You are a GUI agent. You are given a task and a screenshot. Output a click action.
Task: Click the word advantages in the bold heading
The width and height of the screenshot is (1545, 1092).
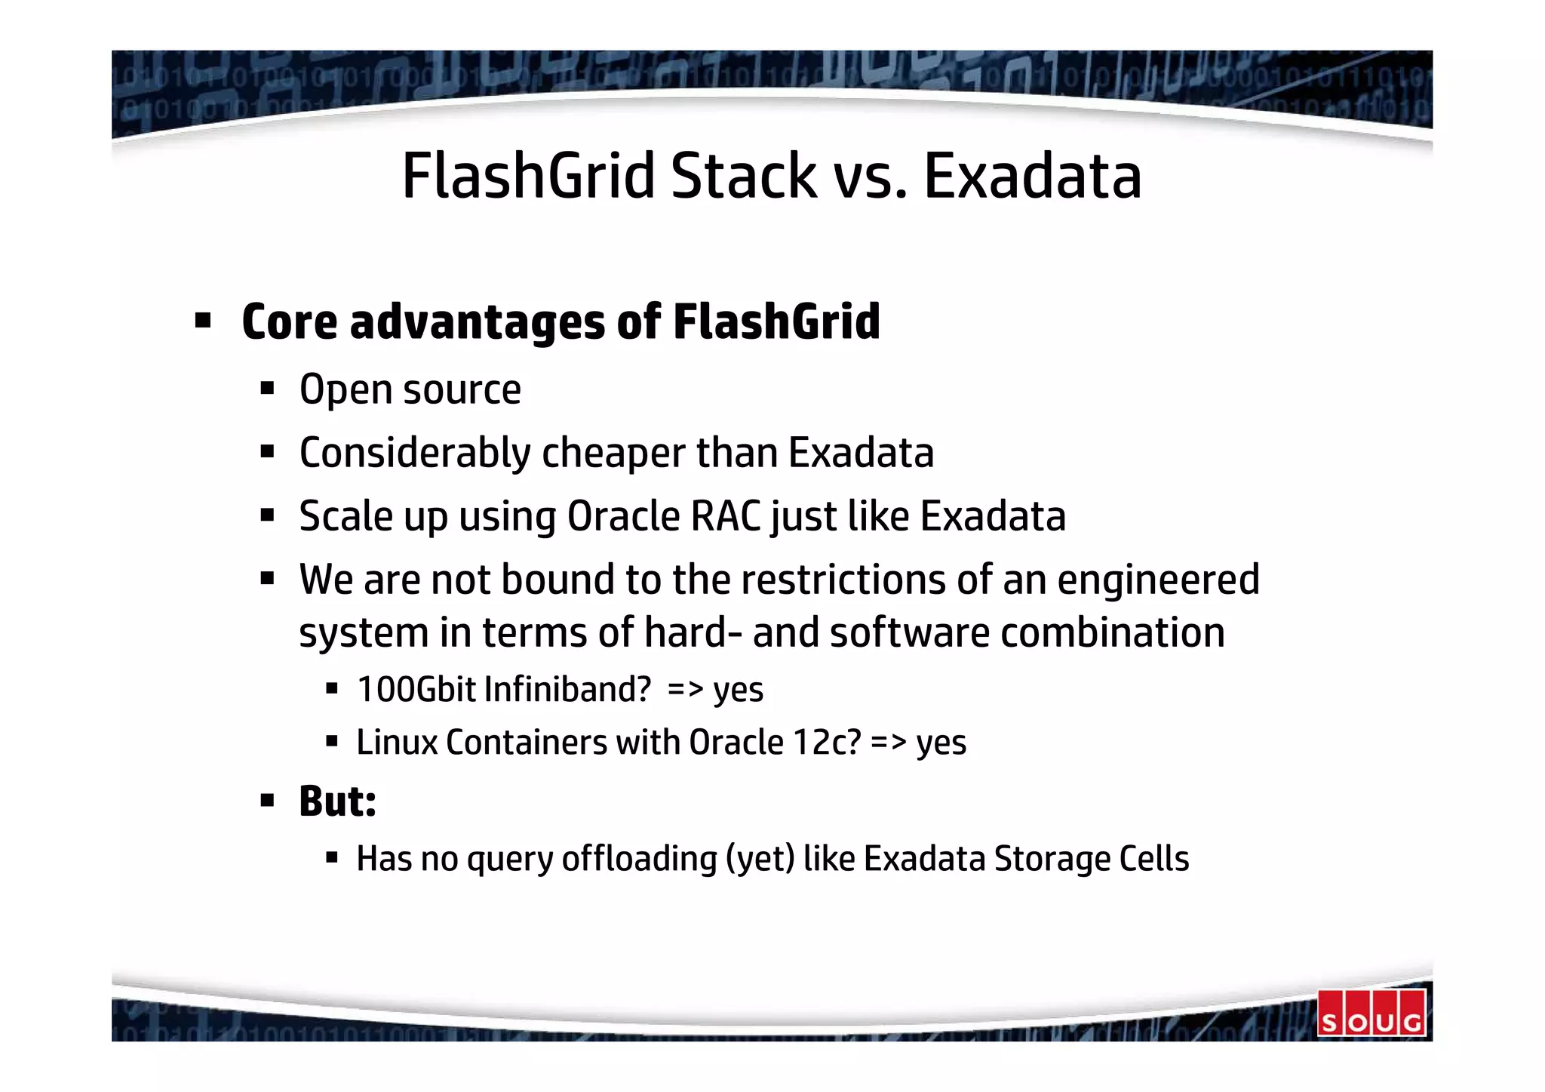point(477,322)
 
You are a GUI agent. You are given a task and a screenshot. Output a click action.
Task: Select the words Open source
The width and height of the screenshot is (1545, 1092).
point(410,390)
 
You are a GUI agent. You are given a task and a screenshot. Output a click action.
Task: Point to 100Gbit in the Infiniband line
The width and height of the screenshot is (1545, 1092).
point(416,690)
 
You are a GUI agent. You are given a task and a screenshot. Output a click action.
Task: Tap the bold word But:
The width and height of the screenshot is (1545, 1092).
point(337,801)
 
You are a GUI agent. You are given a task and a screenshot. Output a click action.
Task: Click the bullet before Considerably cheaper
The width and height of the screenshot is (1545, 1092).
point(266,453)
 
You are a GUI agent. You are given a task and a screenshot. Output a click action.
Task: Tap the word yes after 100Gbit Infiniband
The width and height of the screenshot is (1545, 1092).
point(738,690)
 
